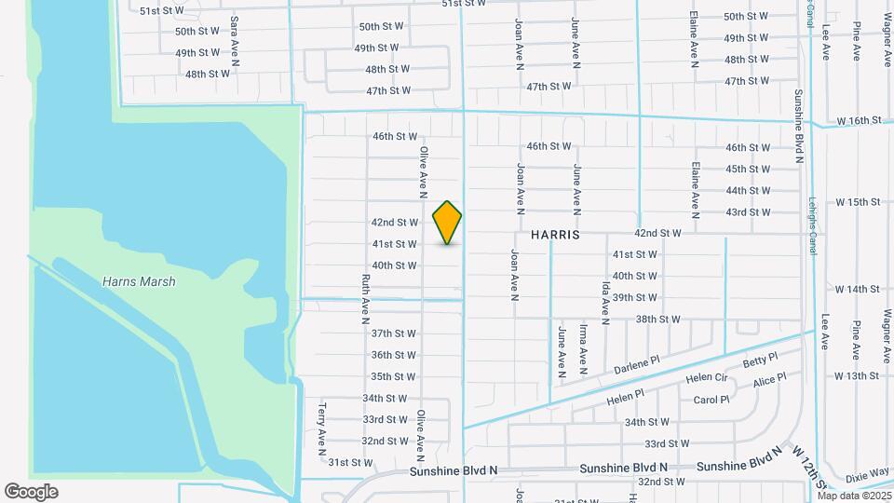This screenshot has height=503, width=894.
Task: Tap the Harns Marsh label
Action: pyautogui.click(x=139, y=281)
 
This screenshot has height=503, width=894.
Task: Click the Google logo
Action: pyautogui.click(x=31, y=492)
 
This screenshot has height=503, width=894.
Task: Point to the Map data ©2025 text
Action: pyautogui.click(x=852, y=495)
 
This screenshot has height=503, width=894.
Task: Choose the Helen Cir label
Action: pyautogui.click(x=706, y=378)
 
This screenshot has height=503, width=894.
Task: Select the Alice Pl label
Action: pyautogui.click(x=769, y=380)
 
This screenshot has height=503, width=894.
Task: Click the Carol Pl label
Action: pyautogui.click(x=711, y=400)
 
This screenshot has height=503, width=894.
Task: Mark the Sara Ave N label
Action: pyautogui.click(x=235, y=40)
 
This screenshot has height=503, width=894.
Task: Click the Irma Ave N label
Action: pyautogui.click(x=584, y=345)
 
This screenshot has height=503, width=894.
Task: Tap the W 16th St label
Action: pyautogui.click(x=858, y=121)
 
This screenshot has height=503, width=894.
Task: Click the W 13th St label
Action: pyautogui.click(x=858, y=375)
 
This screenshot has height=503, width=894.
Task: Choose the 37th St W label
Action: pyautogui.click(x=393, y=333)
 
